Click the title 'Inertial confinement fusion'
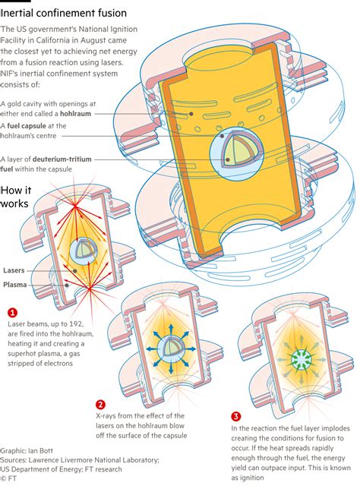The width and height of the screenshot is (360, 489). point(64,13)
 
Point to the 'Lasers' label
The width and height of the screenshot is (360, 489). point(14,270)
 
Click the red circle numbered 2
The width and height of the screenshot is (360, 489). point(100,405)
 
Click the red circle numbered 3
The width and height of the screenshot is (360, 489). point(235,416)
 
